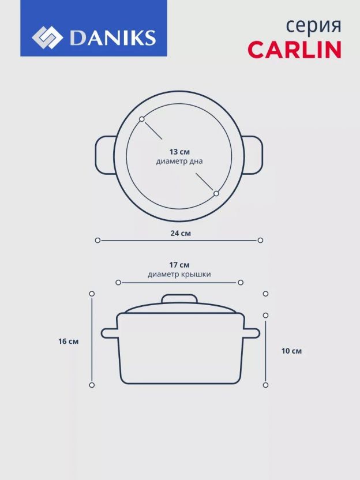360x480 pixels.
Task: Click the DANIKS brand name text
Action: (x=113, y=37)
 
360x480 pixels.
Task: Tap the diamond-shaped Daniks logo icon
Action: (x=47, y=37)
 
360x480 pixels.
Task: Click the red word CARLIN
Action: (x=294, y=49)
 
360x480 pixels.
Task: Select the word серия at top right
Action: (x=313, y=27)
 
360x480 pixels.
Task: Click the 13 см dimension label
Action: (x=179, y=152)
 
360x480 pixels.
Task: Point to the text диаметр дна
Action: (x=179, y=161)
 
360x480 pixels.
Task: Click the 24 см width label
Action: (x=181, y=233)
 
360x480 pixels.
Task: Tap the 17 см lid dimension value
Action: (x=179, y=265)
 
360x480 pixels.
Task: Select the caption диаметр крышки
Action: (x=179, y=274)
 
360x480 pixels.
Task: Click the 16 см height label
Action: (x=69, y=342)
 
